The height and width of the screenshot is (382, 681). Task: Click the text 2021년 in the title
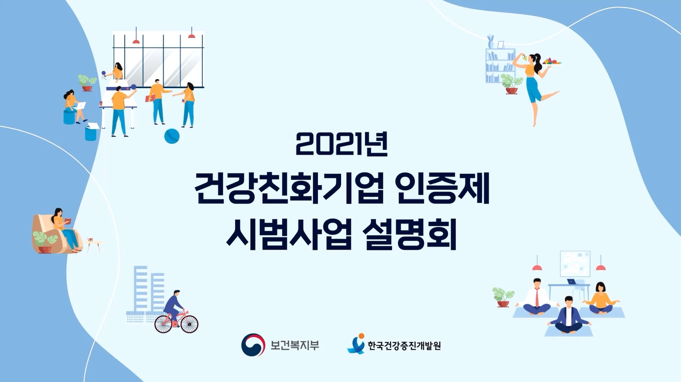342,144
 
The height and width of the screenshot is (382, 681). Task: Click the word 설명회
410,234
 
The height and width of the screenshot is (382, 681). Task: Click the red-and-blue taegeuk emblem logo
253,344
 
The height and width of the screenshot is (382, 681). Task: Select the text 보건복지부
295,345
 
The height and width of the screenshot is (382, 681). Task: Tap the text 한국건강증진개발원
404,346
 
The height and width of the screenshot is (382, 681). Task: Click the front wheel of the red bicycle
189,324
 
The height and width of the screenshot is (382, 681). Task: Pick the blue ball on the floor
172,136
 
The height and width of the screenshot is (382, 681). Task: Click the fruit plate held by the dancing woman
552,62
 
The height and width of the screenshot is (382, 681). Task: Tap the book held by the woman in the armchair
68,221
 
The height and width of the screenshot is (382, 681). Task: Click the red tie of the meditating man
537,297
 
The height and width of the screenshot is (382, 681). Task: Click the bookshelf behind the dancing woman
500,65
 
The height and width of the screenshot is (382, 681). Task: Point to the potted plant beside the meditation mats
503,297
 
